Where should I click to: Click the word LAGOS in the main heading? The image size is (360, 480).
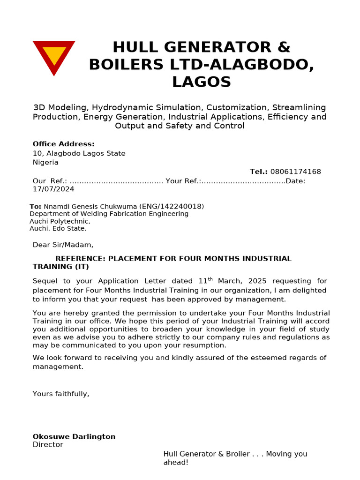[x=202, y=82]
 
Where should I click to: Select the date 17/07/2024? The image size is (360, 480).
[x=53, y=189]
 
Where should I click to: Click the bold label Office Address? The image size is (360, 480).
[x=63, y=144]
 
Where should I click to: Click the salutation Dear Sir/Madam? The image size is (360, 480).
[x=63, y=245]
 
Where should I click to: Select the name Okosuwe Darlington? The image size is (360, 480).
[x=74, y=436]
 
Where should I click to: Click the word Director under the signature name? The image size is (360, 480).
[x=48, y=444]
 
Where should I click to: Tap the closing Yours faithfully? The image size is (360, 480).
[x=61, y=394]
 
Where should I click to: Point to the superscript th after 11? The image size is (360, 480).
[x=210, y=279]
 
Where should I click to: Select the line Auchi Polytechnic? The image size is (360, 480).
[x=60, y=221]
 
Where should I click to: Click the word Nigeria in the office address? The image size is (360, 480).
[x=45, y=162]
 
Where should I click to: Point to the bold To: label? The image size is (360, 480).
[x=35, y=206]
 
